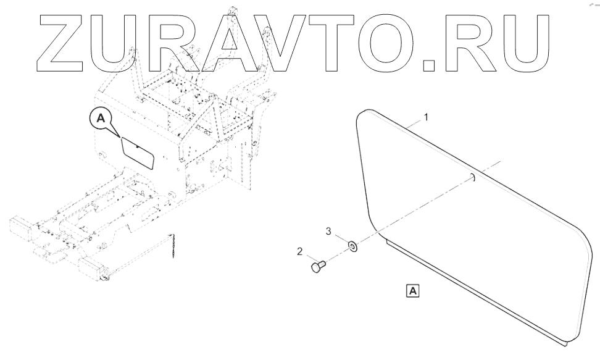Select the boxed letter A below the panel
[x=412, y=290]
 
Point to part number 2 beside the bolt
[x=299, y=251]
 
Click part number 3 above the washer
[x=329, y=232]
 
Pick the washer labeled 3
[x=352, y=247]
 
